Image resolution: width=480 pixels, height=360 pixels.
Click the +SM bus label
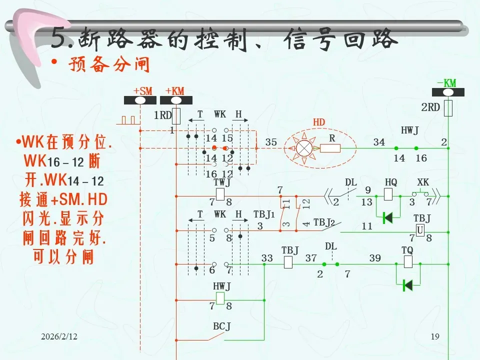(142, 90)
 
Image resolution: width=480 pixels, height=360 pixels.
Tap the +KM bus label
(175, 90)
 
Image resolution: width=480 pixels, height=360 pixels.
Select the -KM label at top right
(446, 83)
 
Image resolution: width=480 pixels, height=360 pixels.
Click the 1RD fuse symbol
(176, 115)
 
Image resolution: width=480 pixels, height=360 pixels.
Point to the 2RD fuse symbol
(448, 107)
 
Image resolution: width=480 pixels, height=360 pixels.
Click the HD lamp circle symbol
(303, 148)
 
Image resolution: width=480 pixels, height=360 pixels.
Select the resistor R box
(330, 148)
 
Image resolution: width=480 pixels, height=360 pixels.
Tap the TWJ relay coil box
(220, 194)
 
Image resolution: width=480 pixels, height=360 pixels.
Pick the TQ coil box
(407, 261)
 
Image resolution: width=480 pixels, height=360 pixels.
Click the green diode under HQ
(387, 218)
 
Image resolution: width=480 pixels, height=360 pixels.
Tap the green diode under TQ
(407, 285)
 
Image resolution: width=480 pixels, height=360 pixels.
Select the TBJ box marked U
(420, 230)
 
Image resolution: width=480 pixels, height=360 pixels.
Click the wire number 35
(271, 142)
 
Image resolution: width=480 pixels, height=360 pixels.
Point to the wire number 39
(375, 258)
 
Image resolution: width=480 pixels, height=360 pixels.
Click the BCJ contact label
(221, 326)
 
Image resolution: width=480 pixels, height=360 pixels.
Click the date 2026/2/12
(59, 338)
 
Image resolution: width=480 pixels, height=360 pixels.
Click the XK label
(423, 182)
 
